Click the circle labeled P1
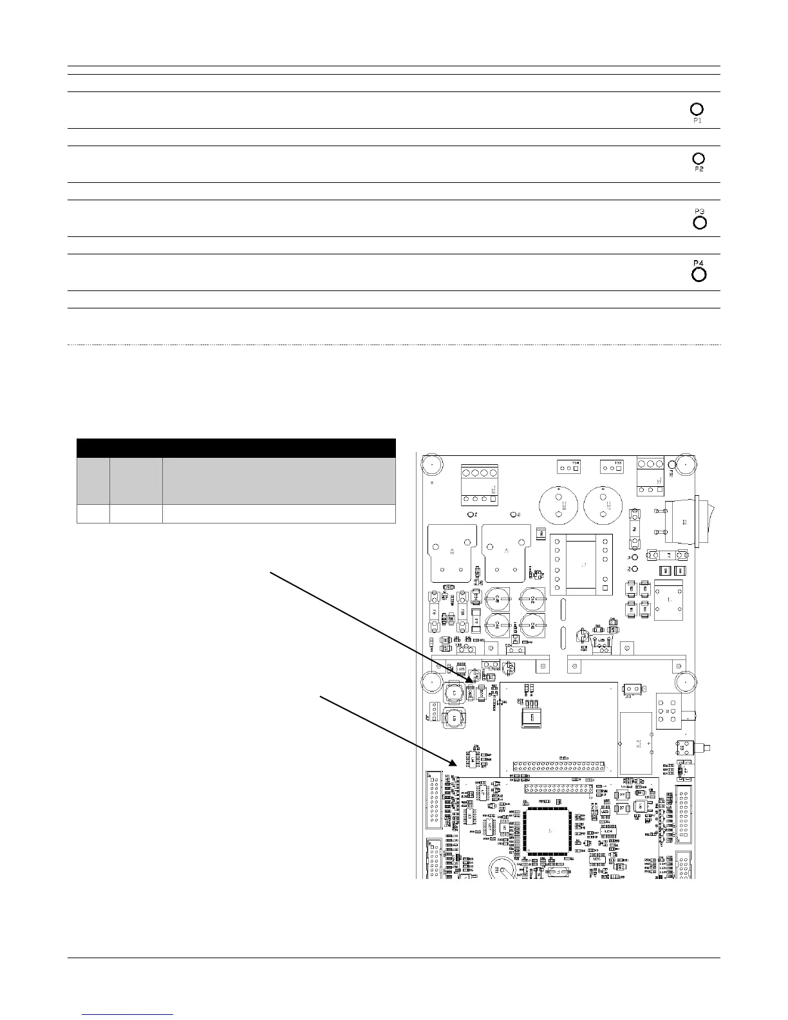pos(697,109)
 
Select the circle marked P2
pos(699,158)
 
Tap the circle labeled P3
pos(699,223)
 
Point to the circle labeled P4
pos(699,275)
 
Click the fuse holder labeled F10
pos(462,610)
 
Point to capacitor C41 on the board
pos(532,599)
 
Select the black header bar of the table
pos(236,448)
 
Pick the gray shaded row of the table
pos(236,481)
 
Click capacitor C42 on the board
pos(532,625)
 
